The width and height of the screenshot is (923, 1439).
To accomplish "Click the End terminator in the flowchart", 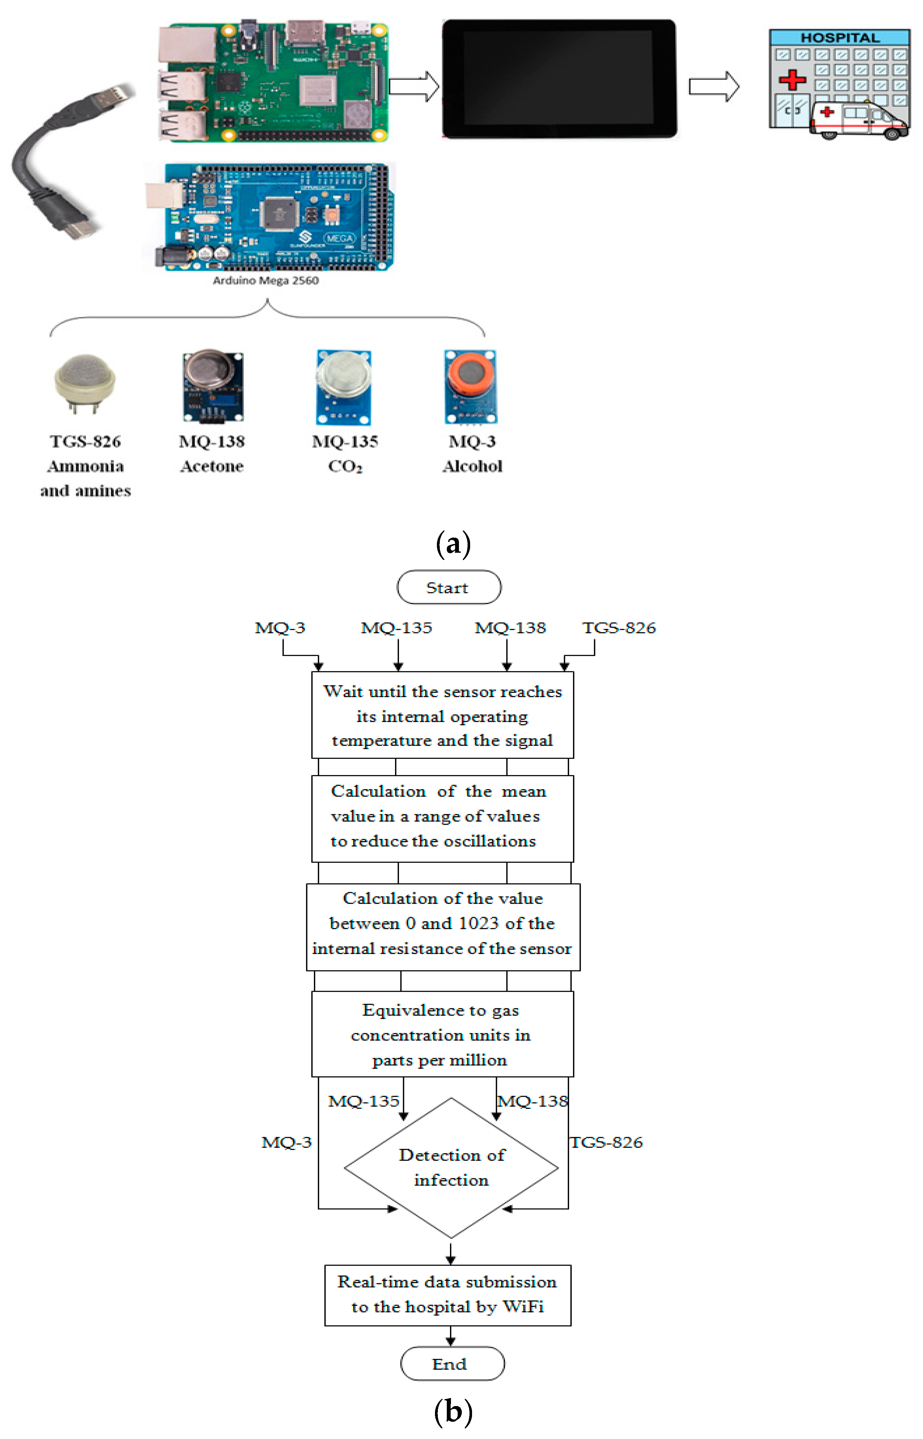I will (x=452, y=1364).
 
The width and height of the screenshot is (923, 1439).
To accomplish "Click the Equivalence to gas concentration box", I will (x=442, y=1034).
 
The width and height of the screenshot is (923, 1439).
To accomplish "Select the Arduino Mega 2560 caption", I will (x=265, y=280).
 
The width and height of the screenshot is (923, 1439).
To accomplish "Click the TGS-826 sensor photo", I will (x=85, y=382).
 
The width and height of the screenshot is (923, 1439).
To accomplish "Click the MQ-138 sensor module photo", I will (x=213, y=386).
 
